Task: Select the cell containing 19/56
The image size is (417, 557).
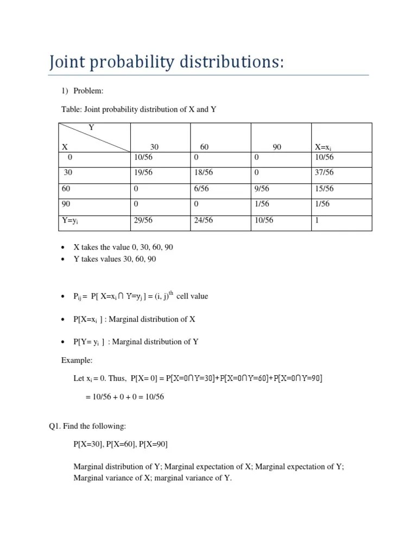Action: click(x=143, y=172)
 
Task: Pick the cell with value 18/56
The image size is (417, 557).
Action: click(x=204, y=172)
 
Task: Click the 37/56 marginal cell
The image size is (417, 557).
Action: click(x=324, y=172)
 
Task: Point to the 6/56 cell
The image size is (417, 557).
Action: click(x=202, y=188)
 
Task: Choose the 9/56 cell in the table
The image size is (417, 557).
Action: click(x=263, y=188)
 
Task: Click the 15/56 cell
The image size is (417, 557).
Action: click(x=324, y=188)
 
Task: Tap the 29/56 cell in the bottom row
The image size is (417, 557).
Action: click(x=143, y=220)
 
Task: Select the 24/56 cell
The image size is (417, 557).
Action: click(x=204, y=220)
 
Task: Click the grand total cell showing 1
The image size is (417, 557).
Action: click(x=317, y=220)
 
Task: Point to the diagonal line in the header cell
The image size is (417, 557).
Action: click(x=95, y=137)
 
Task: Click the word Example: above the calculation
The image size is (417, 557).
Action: click(x=77, y=360)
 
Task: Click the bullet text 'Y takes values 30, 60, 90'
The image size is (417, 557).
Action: click(x=115, y=259)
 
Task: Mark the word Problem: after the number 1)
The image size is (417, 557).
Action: click(x=89, y=91)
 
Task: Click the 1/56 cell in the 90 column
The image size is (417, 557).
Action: click(x=263, y=204)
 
